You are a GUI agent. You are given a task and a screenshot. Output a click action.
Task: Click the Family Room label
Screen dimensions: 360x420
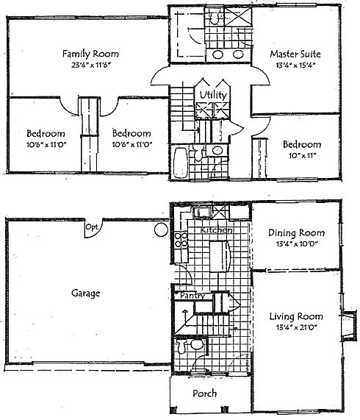pos(90,54)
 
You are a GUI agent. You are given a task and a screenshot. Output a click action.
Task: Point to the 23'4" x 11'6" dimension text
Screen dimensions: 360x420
pos(91,65)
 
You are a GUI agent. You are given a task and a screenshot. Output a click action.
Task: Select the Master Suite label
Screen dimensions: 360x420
pos(295,54)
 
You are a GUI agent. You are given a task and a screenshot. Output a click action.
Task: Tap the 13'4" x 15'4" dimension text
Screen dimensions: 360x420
pos(295,65)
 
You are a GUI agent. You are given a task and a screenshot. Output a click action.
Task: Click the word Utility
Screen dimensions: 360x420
pos(213,95)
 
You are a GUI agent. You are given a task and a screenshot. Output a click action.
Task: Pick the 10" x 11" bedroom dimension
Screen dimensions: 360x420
pos(302,156)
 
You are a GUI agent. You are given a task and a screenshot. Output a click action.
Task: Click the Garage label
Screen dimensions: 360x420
pos(85,293)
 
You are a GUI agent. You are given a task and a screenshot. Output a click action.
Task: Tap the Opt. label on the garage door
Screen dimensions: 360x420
pos(93,227)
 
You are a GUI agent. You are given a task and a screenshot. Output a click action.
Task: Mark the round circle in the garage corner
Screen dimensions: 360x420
pos(162,229)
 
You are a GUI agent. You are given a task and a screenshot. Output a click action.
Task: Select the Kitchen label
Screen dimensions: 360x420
pos(216,229)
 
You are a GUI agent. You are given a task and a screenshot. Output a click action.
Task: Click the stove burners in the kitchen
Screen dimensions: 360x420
pos(181,240)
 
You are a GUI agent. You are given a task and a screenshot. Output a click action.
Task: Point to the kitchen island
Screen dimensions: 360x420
pos(220,257)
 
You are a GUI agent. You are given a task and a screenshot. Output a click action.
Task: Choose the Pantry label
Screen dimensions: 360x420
pos(192,296)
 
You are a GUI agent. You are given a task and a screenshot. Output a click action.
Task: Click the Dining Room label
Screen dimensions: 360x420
pos(296,232)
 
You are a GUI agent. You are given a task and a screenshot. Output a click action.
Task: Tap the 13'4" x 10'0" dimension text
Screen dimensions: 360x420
pos(297,244)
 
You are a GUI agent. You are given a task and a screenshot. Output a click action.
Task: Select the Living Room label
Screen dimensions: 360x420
pos(296,316)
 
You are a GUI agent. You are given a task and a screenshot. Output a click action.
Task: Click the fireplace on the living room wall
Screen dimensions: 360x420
pos(349,325)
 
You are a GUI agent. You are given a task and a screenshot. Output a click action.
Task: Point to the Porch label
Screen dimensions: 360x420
pos(204,394)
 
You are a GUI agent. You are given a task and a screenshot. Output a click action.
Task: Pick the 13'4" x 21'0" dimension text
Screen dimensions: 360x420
pos(296,327)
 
